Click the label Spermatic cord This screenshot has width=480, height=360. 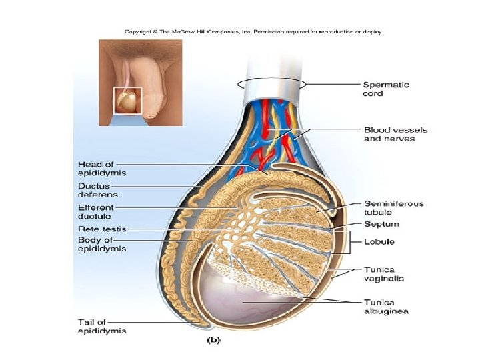[386, 89]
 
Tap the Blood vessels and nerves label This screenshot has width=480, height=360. [395, 134]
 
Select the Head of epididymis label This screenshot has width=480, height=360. [102, 168]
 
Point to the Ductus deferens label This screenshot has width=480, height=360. [98, 190]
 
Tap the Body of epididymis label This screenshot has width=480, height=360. [102, 244]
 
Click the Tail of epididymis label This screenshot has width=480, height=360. [102, 327]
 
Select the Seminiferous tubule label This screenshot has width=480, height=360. [393, 208]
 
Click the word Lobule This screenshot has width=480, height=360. [379, 241]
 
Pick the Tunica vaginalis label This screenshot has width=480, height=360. [383, 274]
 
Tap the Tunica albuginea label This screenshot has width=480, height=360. [386, 307]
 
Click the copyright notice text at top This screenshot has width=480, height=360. [254, 31]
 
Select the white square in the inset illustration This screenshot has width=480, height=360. [128, 101]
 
